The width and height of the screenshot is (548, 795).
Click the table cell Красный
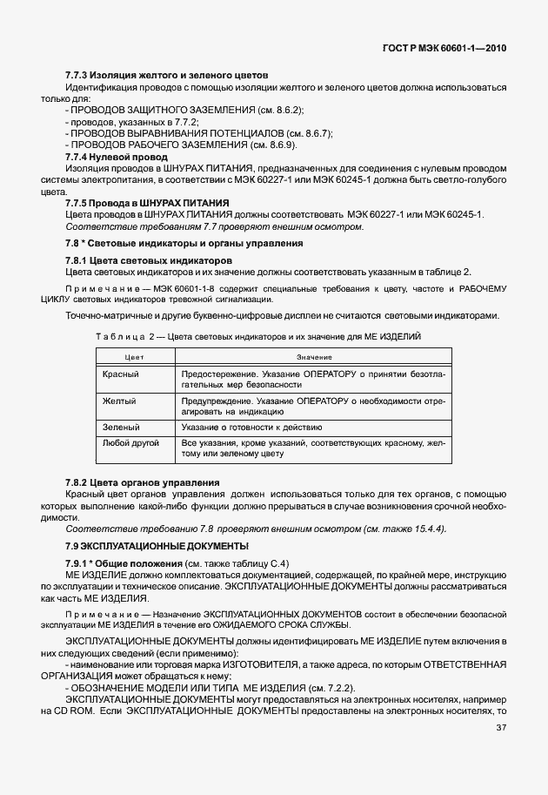tap(121, 374)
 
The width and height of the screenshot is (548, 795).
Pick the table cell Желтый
tap(120, 401)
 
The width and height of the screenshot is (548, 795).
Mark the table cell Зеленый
tap(122, 428)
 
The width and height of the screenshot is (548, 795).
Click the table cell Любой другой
tap(130, 444)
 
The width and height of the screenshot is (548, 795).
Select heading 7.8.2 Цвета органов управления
tap(143, 482)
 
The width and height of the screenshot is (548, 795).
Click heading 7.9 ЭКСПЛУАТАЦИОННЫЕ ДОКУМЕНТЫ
tap(157, 545)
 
